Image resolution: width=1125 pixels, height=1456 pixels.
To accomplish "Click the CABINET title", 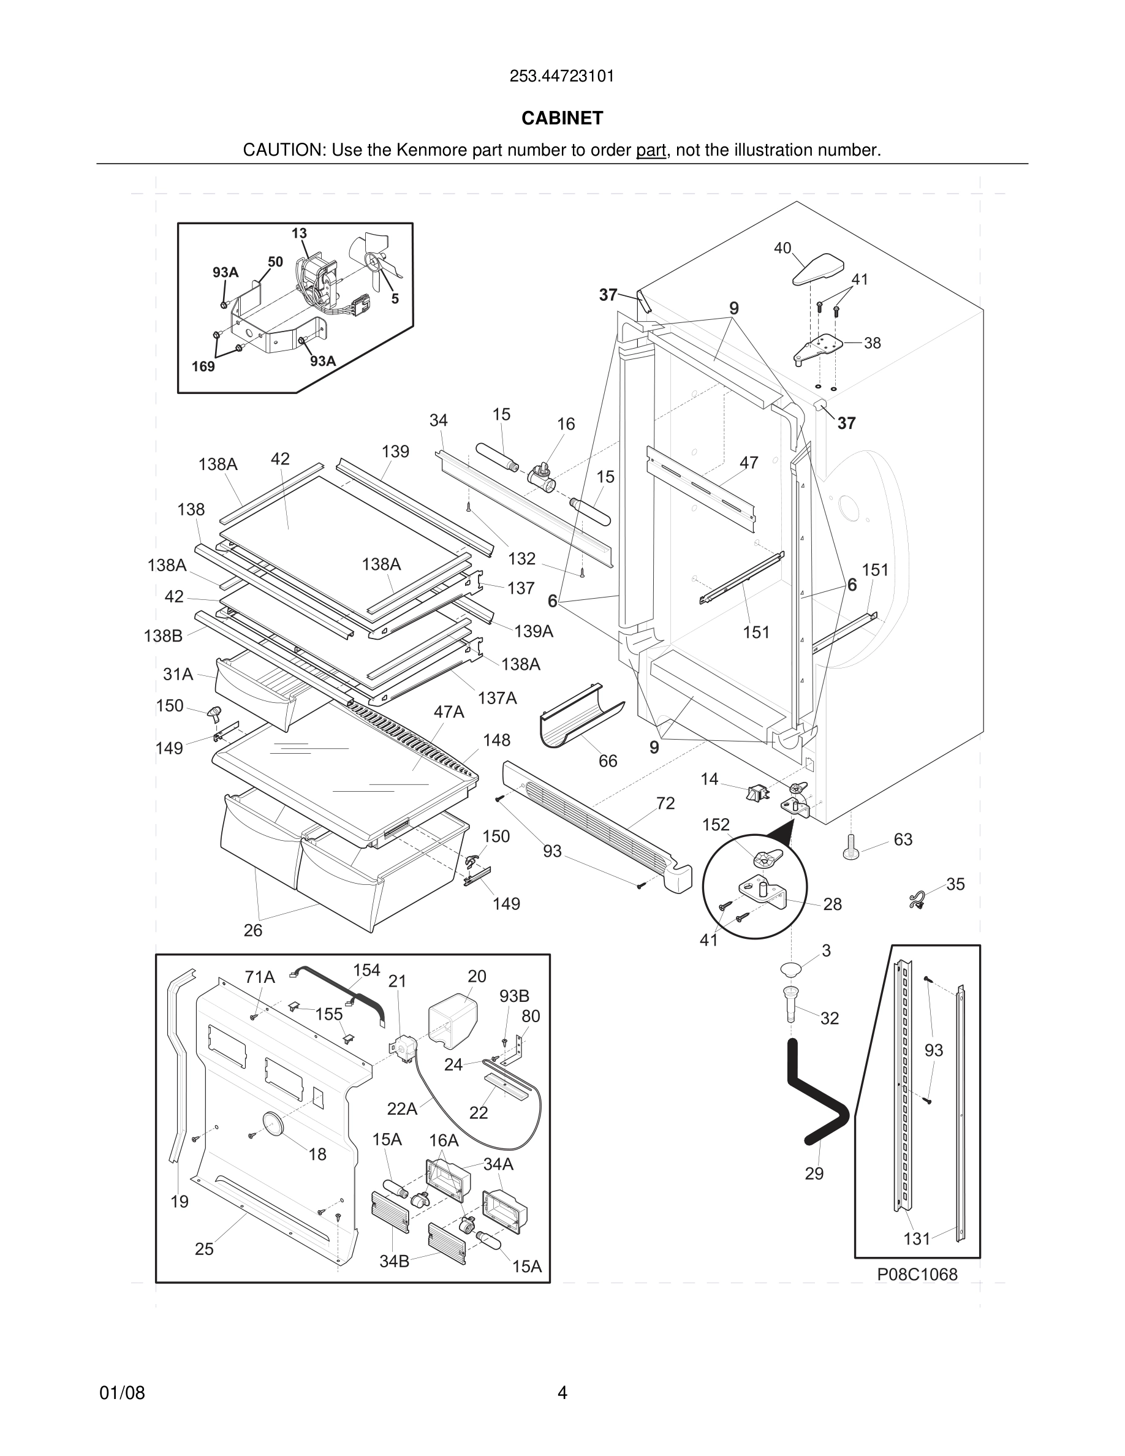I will pos(562,118).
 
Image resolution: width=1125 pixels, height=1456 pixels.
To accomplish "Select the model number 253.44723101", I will pos(562,76).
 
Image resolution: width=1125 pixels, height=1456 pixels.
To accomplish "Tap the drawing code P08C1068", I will pos(917,1274).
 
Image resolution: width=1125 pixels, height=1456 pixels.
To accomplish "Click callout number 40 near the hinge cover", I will pos(782,248).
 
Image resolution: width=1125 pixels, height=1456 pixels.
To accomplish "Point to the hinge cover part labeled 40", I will pos(818,268).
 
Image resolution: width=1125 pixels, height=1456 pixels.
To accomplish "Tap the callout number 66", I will pos(607,760).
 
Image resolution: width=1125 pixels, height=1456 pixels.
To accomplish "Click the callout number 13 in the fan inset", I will pos(298,233).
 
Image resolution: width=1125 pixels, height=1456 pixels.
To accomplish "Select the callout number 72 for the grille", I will pos(665,803).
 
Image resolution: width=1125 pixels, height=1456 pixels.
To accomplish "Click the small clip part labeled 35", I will pos(918,901).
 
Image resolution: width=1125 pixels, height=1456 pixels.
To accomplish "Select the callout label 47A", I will pos(449,712).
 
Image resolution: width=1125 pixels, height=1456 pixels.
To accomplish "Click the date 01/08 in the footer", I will pos(122,1393).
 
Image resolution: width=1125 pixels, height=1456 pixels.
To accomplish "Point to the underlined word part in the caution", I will pos(651,150).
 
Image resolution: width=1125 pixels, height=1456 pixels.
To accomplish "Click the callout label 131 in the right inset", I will pos(917,1238).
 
